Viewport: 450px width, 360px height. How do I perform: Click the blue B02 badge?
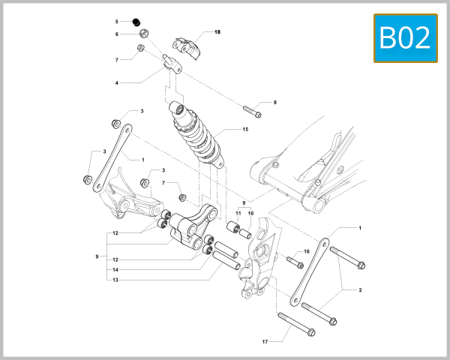pos(405,37)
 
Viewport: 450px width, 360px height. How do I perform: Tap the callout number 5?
pos(117,21)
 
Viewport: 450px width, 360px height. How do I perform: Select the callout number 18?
pos(217,32)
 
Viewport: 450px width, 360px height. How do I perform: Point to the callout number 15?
pos(244,130)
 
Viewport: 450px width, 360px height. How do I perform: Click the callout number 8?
pos(274,102)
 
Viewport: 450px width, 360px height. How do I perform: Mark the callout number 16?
pos(306,252)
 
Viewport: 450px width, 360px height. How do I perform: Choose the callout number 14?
pos(115,269)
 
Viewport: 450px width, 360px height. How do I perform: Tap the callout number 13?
pos(115,280)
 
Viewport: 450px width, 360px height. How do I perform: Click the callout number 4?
pos(117,82)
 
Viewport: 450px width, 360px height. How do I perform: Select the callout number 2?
pos(360,289)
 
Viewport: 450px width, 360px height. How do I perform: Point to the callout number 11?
pos(238,214)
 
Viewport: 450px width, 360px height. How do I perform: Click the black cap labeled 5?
pos(136,21)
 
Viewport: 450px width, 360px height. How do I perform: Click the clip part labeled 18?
pos(188,45)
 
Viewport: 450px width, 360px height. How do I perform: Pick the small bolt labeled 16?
pos(294,262)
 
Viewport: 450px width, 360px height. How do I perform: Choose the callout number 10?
pos(250,214)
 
